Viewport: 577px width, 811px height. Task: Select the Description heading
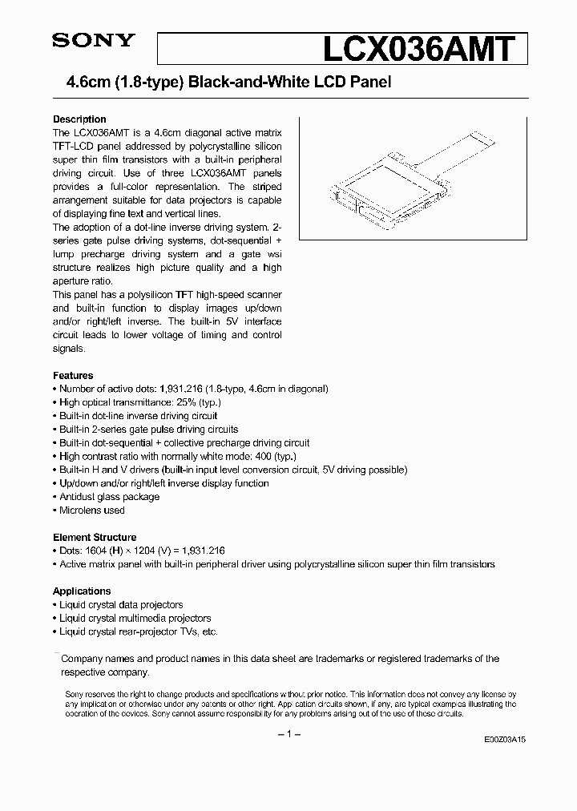(79, 119)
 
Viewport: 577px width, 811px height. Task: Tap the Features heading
(73, 375)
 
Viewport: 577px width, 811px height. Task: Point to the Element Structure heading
(95, 537)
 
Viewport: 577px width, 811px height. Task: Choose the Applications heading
(82, 591)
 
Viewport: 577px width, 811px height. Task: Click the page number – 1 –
(288, 736)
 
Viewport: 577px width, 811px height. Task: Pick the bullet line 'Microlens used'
(92, 510)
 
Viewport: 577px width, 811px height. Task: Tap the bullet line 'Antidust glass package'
(109, 497)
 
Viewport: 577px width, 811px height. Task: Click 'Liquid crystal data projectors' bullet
(121, 605)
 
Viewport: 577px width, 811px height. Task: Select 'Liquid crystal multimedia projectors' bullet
(135, 618)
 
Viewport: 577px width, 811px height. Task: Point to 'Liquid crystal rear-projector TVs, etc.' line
(138, 631)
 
